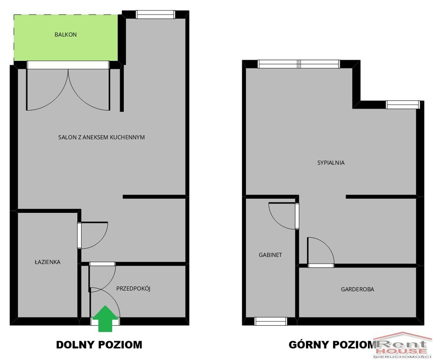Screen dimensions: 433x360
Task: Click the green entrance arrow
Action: click(105, 318)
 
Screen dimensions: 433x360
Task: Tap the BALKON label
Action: click(66, 35)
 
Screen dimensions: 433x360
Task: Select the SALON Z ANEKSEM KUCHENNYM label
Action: click(102, 137)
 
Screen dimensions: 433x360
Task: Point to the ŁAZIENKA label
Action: click(47, 262)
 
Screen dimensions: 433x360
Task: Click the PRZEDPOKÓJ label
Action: click(133, 289)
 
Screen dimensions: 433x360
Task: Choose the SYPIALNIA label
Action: click(331, 163)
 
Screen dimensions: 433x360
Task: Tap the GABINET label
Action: click(270, 255)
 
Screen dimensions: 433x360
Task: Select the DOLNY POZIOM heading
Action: click(99, 345)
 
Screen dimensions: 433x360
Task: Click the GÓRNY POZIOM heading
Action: click(331, 345)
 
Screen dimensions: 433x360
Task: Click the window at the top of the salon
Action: click(155, 15)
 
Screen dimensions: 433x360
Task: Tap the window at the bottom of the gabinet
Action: click(271, 321)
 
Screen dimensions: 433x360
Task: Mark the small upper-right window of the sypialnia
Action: click(403, 105)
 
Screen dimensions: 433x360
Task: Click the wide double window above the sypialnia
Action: click(299, 64)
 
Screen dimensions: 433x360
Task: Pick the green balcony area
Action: click(66, 38)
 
